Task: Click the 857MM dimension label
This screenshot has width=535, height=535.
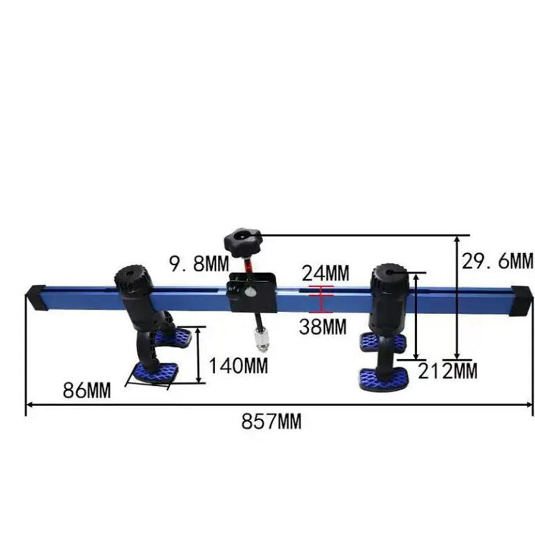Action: pos(271,421)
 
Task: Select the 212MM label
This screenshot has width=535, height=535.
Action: pos(447,371)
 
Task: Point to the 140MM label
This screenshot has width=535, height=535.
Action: pos(238,366)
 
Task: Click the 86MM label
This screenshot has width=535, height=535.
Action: pos(86,390)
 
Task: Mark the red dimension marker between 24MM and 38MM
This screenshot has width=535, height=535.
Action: pos(319,299)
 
